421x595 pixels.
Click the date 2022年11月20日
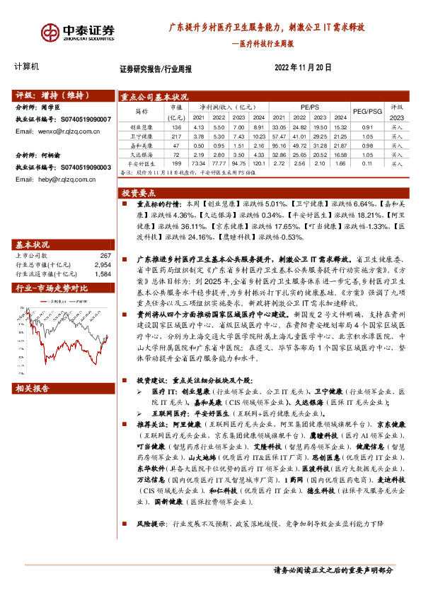pyautogui.click(x=302, y=68)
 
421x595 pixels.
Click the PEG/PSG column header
pyautogui.click(x=367, y=112)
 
